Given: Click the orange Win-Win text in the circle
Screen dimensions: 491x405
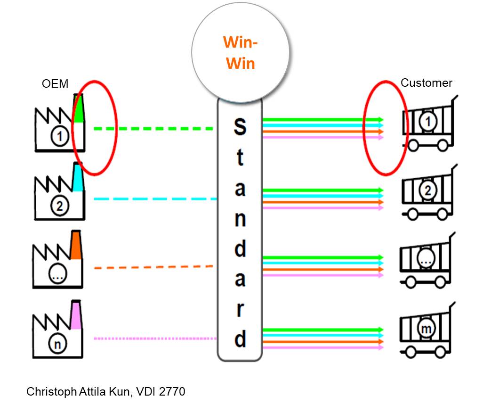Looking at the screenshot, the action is [x=240, y=53].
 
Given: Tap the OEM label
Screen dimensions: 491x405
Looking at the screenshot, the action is [x=55, y=84].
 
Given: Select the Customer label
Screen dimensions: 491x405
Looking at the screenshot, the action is [x=426, y=83].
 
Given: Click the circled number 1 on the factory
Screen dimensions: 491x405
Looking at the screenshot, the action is [x=59, y=136].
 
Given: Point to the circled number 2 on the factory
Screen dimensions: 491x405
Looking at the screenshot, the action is [x=59, y=206].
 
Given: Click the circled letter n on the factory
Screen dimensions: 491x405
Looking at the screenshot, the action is [x=57, y=344].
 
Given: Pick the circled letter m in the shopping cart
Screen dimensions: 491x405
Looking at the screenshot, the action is [x=426, y=329].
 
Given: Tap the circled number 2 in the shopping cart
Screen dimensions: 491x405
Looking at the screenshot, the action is [x=428, y=190].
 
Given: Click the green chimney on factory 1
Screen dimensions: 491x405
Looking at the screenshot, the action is [x=78, y=108].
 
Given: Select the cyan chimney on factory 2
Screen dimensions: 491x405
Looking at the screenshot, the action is [x=78, y=177].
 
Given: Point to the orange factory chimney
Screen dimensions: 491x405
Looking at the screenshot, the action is [x=76, y=245].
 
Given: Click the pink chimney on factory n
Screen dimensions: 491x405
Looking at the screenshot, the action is [x=76, y=314].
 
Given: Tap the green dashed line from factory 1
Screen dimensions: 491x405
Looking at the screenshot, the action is [x=153, y=129].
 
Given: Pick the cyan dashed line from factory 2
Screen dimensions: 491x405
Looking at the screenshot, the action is [x=155, y=199].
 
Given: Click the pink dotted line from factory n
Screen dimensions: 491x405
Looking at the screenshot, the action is [x=155, y=339].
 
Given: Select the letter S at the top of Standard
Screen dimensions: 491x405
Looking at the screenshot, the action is [x=240, y=127].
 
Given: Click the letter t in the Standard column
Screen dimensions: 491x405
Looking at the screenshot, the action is [x=240, y=157].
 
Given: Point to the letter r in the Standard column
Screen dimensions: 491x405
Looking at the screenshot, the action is [x=240, y=309].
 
